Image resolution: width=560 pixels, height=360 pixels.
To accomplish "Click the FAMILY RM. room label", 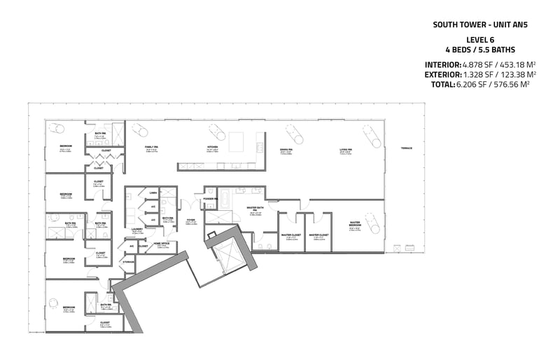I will point(151,147).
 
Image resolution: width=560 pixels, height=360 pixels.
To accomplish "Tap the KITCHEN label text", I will point(213,147).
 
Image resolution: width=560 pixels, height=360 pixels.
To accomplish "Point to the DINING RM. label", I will point(286,149).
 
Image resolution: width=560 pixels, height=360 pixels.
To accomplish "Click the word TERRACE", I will point(407,148).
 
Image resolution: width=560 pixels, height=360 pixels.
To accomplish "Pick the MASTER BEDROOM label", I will point(355,225).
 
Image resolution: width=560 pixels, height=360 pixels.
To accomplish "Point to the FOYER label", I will point(190,221).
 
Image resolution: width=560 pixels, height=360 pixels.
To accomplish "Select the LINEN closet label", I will point(153,193).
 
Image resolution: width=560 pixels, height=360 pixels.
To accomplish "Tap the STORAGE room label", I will point(129,261).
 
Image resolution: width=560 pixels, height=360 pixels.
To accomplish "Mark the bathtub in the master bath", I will point(227,195).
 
